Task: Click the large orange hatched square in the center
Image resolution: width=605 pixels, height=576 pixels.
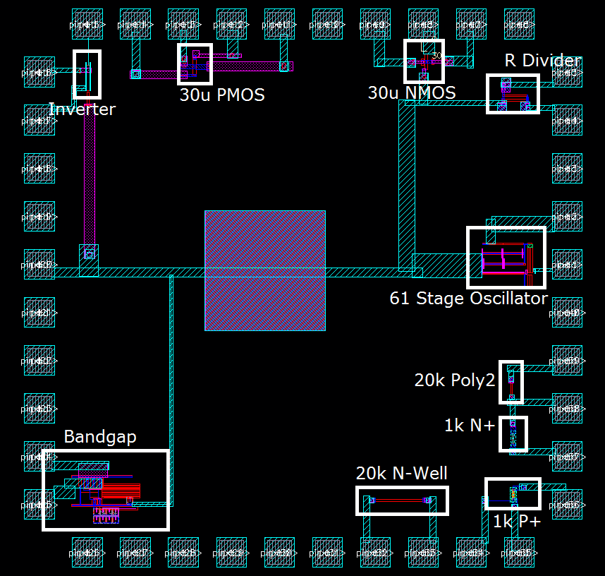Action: coord(264,270)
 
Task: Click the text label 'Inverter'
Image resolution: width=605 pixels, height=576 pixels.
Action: coord(82,109)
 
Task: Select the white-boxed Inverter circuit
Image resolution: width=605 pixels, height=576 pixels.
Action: coord(87,73)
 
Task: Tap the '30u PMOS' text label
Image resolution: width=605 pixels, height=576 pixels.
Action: coord(221,95)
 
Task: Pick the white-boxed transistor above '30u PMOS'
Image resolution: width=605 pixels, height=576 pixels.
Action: coord(194,65)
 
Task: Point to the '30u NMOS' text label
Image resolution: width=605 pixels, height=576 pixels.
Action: coord(411,93)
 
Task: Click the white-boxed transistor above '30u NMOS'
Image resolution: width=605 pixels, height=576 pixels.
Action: coord(424,61)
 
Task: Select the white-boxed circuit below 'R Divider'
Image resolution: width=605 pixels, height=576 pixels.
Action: coord(513,93)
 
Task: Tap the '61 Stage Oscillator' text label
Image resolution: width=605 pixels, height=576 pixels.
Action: coord(468,299)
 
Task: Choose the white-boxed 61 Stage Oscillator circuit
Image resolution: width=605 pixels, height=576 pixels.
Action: coord(506,257)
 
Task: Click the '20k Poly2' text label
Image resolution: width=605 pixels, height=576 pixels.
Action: coord(454,380)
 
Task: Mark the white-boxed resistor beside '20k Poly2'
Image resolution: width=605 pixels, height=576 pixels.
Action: coord(511,382)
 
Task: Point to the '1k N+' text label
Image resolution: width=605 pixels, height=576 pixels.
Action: coord(470,426)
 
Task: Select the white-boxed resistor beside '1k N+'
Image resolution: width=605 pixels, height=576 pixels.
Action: coord(513,433)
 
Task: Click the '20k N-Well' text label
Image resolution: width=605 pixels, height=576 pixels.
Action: coord(401,474)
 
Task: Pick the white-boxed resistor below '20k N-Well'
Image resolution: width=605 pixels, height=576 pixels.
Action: coord(401,500)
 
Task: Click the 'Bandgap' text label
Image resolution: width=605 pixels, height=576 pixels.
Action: coord(99,437)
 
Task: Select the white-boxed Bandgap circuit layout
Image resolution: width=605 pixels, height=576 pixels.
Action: coord(105,490)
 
